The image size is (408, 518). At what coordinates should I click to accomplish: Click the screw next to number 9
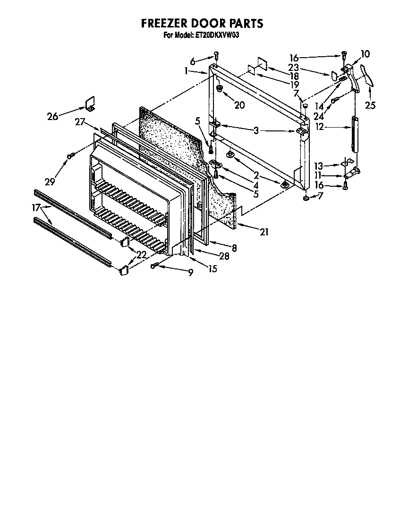pyautogui.click(x=155, y=266)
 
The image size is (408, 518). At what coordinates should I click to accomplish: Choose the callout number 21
pyautogui.click(x=263, y=232)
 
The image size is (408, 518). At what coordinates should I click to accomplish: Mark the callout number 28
pyautogui.click(x=224, y=256)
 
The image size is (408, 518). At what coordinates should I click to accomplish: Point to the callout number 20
pyautogui.click(x=239, y=105)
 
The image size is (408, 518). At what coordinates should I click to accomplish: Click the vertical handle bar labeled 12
pyautogui.click(x=355, y=135)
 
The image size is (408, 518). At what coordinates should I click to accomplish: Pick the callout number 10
pyautogui.click(x=366, y=53)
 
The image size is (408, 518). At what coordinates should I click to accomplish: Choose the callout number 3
pyautogui.click(x=256, y=130)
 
